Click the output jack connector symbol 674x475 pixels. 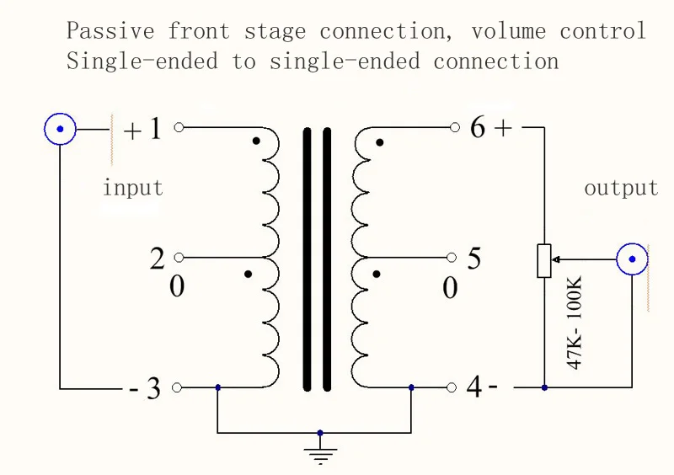pyautogui.click(x=632, y=260)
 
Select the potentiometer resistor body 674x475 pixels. pyautogui.click(x=544, y=260)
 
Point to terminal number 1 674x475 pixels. pyautogui.click(x=155, y=130)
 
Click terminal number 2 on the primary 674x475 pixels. pyautogui.click(x=158, y=259)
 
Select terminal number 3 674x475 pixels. pyautogui.click(x=153, y=389)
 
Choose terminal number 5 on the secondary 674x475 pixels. pyautogui.click(x=474, y=259)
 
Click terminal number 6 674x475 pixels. pyautogui.click(x=478, y=128)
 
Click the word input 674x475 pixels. pyautogui.click(x=132, y=187)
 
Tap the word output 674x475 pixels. pyautogui.click(x=621, y=188)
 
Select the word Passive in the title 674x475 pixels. pyautogui.click(x=110, y=31)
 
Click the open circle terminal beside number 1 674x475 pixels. pyautogui.click(x=178, y=128)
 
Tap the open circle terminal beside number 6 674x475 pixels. pyautogui.click(x=455, y=128)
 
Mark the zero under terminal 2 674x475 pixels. pyautogui.click(x=177, y=287)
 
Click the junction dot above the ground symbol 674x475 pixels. pyautogui.click(x=320, y=433)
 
